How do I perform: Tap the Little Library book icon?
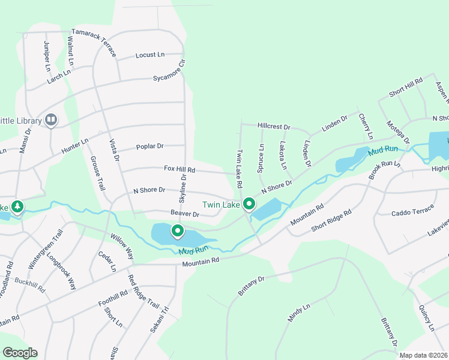(x=51, y=121)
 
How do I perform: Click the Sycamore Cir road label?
(x=169, y=70)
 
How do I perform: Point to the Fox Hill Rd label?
(x=179, y=170)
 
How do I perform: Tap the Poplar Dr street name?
(x=150, y=146)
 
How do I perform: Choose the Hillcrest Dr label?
(x=274, y=127)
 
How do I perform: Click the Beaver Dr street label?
(x=184, y=214)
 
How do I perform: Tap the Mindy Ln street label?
(x=298, y=313)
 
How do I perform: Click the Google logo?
(x=20, y=353)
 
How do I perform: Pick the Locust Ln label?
(x=150, y=55)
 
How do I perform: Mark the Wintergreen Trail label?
(x=46, y=249)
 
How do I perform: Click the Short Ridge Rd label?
(x=331, y=220)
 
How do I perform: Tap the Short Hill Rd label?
(x=406, y=86)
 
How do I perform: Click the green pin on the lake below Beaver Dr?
(x=177, y=230)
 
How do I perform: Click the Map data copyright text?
(x=423, y=355)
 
